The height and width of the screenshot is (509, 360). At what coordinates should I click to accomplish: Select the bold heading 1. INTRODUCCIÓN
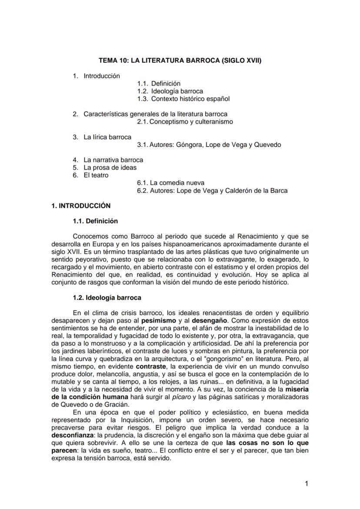click(x=81, y=206)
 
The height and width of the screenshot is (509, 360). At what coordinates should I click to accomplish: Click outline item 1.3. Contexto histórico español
click(x=183, y=99)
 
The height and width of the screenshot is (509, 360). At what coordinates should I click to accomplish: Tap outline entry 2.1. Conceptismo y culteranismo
click(x=185, y=122)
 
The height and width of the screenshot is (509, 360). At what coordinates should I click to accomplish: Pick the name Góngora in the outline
click(x=190, y=145)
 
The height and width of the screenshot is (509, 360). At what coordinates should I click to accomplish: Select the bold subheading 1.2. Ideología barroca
click(x=107, y=298)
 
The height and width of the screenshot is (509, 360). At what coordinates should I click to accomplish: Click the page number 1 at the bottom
click(x=307, y=484)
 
